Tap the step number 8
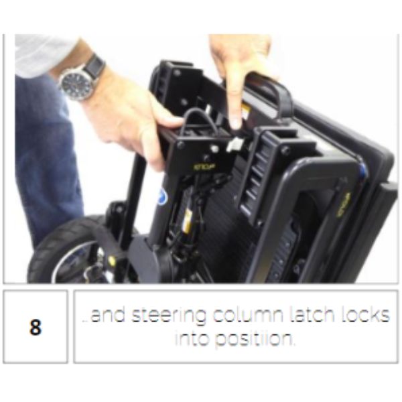pos(35,330)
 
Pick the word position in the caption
pos(253,339)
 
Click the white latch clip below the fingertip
pos(237,143)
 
